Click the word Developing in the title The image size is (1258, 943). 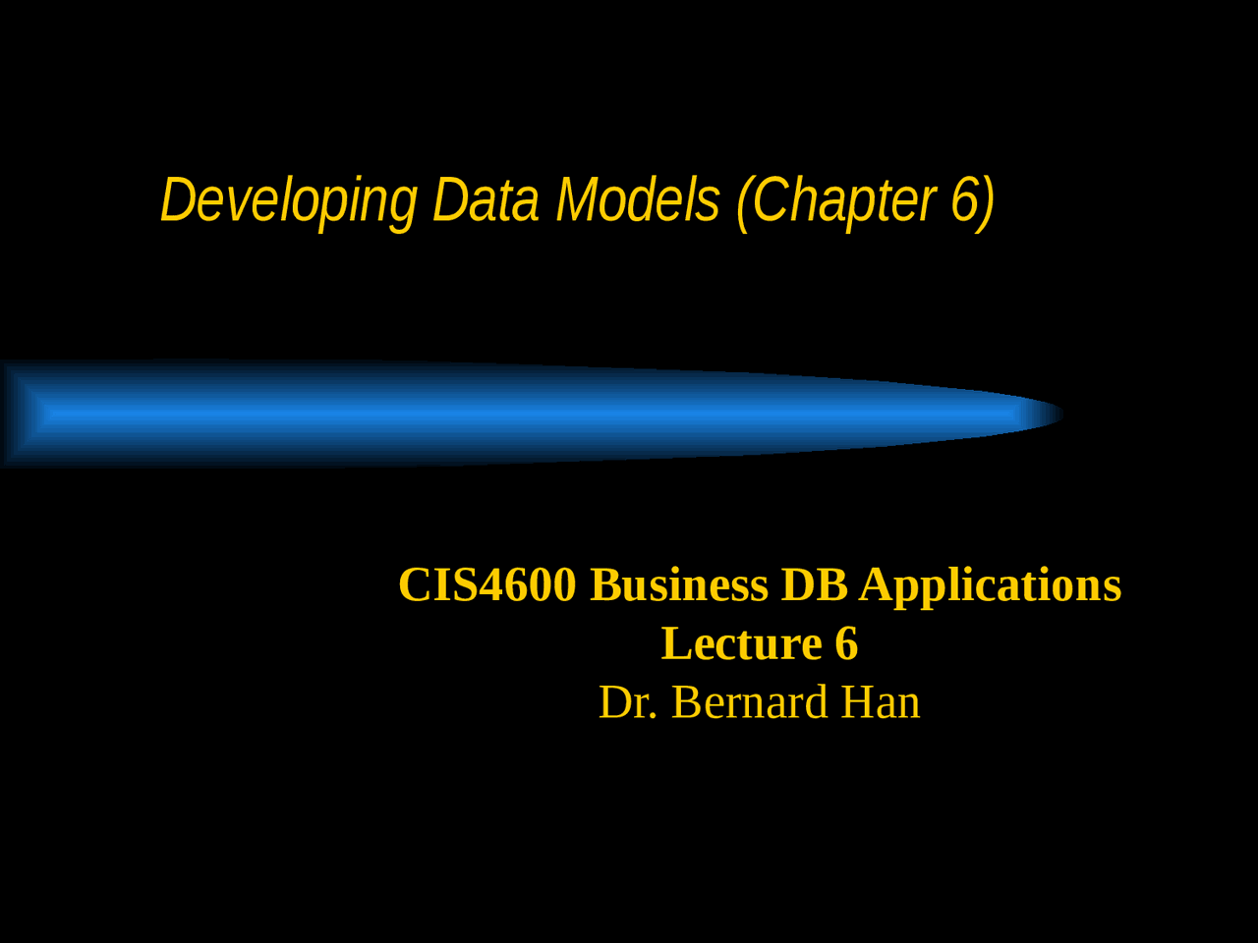tap(289, 201)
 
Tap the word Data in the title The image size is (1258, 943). tap(486, 200)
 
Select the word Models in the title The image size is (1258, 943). tap(638, 200)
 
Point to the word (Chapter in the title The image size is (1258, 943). tap(835, 201)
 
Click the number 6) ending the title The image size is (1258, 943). tap(973, 200)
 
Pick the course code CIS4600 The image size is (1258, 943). tap(486, 585)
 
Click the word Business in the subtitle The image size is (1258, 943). tap(679, 585)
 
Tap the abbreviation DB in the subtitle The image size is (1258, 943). tap(814, 585)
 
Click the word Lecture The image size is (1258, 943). tap(741, 644)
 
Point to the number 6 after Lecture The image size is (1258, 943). tap(846, 644)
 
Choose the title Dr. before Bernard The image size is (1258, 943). tap(628, 703)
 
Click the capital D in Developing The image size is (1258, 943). tap(178, 200)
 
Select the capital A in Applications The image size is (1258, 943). tap(877, 585)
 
